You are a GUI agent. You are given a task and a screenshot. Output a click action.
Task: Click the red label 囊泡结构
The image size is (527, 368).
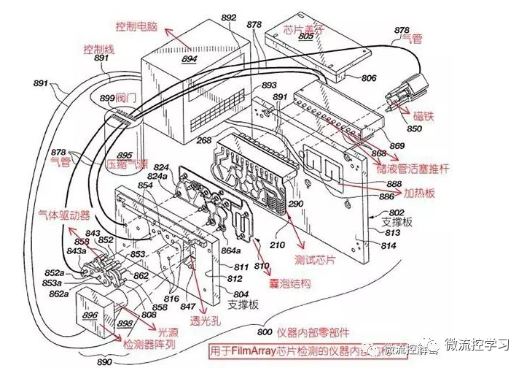(x=292, y=283)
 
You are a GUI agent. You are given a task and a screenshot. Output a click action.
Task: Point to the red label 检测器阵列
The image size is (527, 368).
(x=150, y=343)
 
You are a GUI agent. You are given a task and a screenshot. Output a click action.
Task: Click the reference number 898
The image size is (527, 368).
(x=125, y=323)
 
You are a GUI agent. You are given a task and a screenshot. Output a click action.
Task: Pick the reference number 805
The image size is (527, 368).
(x=305, y=34)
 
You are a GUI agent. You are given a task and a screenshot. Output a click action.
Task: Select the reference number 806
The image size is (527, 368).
(x=369, y=78)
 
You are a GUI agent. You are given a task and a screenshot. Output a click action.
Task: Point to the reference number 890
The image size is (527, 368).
(x=105, y=361)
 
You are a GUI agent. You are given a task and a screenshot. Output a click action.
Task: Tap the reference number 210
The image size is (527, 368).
(x=277, y=245)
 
